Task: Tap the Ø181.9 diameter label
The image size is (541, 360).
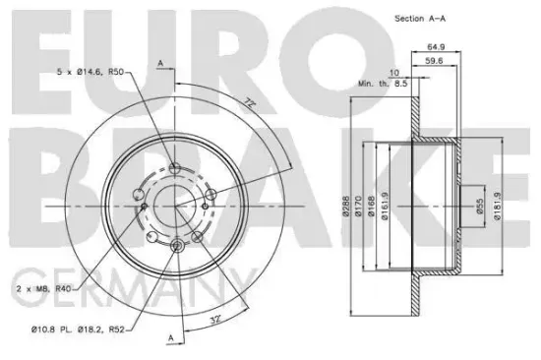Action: [x=501, y=206]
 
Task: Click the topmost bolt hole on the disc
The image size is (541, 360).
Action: [x=175, y=168]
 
